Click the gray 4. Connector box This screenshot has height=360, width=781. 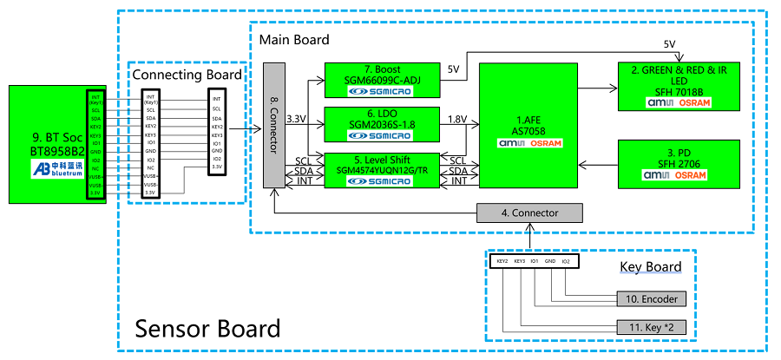(529, 213)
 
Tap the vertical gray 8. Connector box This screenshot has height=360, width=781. (275, 124)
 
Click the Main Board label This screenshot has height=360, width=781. (294, 40)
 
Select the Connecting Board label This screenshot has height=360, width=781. (187, 75)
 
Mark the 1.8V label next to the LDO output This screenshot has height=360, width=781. (457, 119)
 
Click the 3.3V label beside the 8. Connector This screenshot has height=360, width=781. (296, 119)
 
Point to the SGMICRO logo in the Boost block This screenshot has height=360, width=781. (382, 91)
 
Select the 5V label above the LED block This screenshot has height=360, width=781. (669, 43)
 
